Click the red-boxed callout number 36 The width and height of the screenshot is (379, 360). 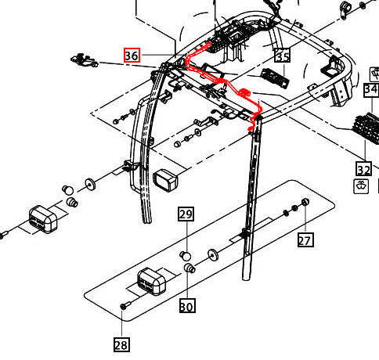[x=132, y=56]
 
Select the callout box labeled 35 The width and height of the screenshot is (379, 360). [x=282, y=56]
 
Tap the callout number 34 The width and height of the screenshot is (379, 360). [x=371, y=89]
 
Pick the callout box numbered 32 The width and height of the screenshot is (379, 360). [x=363, y=169]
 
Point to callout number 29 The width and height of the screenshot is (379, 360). [x=186, y=214]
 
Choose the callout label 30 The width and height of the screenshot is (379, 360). [x=186, y=306]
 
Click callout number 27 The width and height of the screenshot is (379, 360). [x=305, y=240]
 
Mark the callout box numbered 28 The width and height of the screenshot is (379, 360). [x=121, y=344]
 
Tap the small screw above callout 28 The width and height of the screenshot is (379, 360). [x=124, y=306]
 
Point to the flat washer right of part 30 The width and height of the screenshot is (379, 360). [x=213, y=256]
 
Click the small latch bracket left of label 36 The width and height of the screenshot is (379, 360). [x=84, y=58]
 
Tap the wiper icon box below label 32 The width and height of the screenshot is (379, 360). [x=362, y=186]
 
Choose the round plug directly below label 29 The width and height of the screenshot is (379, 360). [x=186, y=255]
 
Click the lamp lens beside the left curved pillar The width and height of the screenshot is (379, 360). [x=166, y=180]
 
